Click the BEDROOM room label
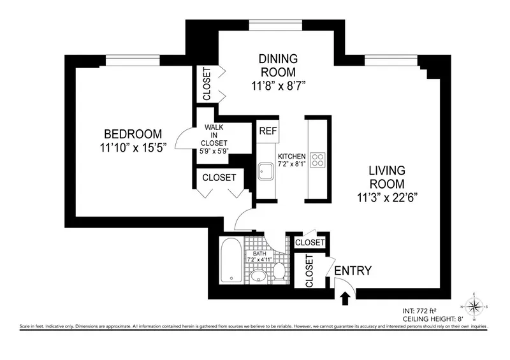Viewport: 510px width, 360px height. pyautogui.click(x=133, y=134)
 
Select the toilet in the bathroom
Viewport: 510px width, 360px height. pyautogui.click(x=279, y=273)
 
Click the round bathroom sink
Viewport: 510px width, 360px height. pyautogui.click(x=258, y=275)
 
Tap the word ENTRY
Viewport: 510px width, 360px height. pyautogui.click(x=353, y=271)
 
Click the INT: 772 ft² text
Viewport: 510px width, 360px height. pyautogui.click(x=421, y=310)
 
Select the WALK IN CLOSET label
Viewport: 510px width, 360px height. pyautogui.click(x=214, y=135)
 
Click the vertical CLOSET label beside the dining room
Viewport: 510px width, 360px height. pyautogui.click(x=206, y=83)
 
